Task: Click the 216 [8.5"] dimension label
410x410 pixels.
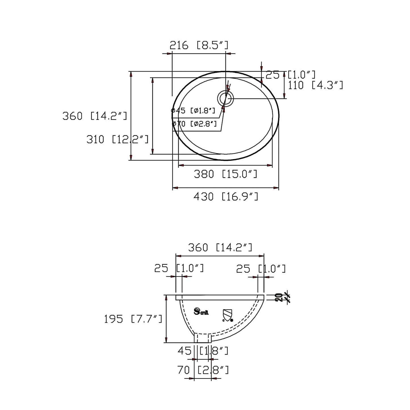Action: [199, 45]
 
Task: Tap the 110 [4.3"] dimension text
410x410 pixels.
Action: [316, 85]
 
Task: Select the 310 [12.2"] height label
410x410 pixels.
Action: [117, 139]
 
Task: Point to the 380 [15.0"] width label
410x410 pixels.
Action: [225, 174]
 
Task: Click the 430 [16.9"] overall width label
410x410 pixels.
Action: [226, 196]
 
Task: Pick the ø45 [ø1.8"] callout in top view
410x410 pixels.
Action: [194, 110]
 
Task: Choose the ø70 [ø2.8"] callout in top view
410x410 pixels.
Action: [195, 124]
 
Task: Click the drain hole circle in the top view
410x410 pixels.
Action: [226, 98]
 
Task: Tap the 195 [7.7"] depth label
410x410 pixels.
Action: [133, 319]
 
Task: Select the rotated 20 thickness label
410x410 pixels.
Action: [279, 297]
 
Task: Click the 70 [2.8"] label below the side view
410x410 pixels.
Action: [203, 370]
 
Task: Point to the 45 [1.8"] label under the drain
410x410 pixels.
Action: [203, 351]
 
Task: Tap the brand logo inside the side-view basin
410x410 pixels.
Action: [201, 312]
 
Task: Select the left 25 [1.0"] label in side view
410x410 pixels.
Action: [179, 268]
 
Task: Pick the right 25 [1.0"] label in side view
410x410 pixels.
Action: [261, 269]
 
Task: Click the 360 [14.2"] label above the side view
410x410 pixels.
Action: [220, 247]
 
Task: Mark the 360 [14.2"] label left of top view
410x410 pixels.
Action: [95, 116]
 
